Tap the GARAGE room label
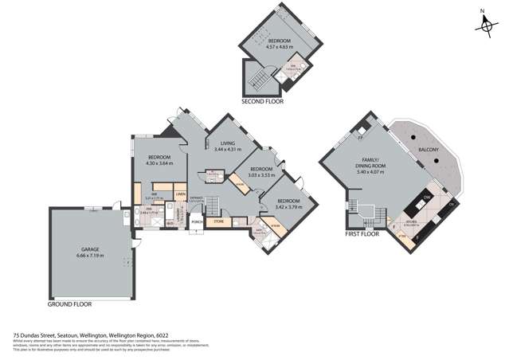pyautogui.click(x=88, y=249)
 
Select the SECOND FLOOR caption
pyautogui.click(x=263, y=102)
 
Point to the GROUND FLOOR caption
pyautogui.click(x=70, y=304)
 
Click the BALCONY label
pyautogui.click(x=422, y=147)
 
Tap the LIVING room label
pyautogui.click(x=230, y=144)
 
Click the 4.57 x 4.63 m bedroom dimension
pyautogui.click(x=279, y=46)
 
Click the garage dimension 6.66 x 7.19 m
pyautogui.click(x=88, y=256)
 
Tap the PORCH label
pyautogui.click(x=197, y=223)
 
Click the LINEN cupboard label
pyautogui.click(x=181, y=194)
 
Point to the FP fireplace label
pyautogui.click(x=360, y=137)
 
